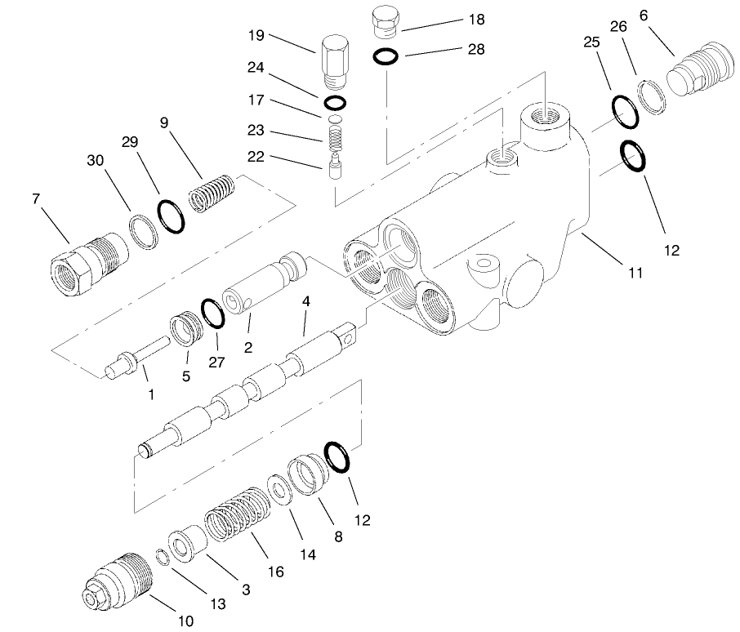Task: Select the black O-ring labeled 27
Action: pyautogui.click(x=212, y=312)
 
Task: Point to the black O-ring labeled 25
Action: pyautogui.click(x=626, y=111)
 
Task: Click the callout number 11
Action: pyautogui.click(x=635, y=273)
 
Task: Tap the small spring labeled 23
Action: pyautogui.click(x=332, y=134)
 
